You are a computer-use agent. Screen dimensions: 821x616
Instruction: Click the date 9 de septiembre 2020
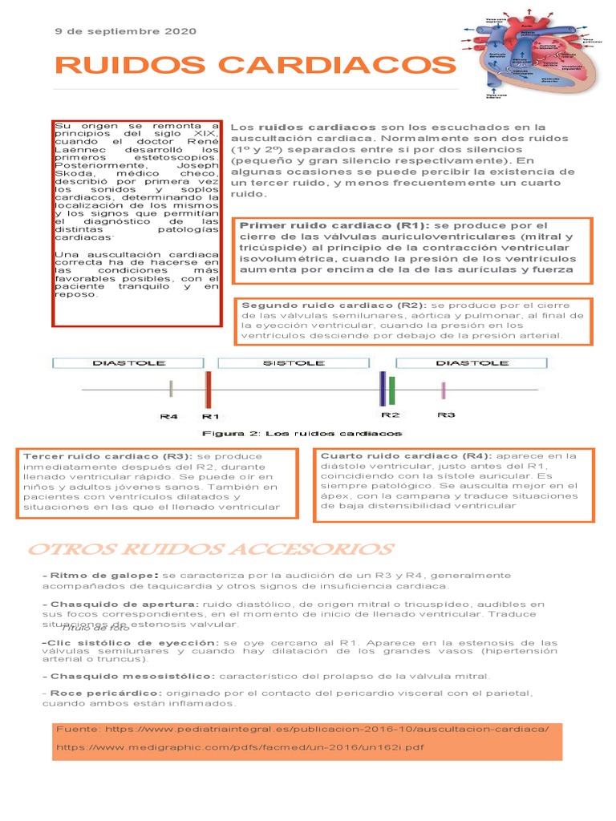tap(124, 31)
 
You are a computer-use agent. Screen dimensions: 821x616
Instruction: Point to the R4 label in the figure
tap(169, 417)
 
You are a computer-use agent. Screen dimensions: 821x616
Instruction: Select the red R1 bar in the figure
tap(209, 390)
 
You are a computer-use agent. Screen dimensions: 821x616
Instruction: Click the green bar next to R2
tap(392, 390)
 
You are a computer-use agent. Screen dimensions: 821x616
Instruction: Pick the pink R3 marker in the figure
tap(444, 390)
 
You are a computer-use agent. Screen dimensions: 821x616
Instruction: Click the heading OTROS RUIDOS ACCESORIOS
tap(210, 550)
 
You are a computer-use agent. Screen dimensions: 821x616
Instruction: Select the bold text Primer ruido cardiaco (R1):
tap(335, 225)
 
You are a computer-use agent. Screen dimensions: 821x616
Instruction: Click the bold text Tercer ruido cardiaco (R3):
tap(108, 456)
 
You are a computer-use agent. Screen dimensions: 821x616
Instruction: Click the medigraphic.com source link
tap(240, 747)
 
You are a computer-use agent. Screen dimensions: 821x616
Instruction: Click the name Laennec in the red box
tap(75, 150)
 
